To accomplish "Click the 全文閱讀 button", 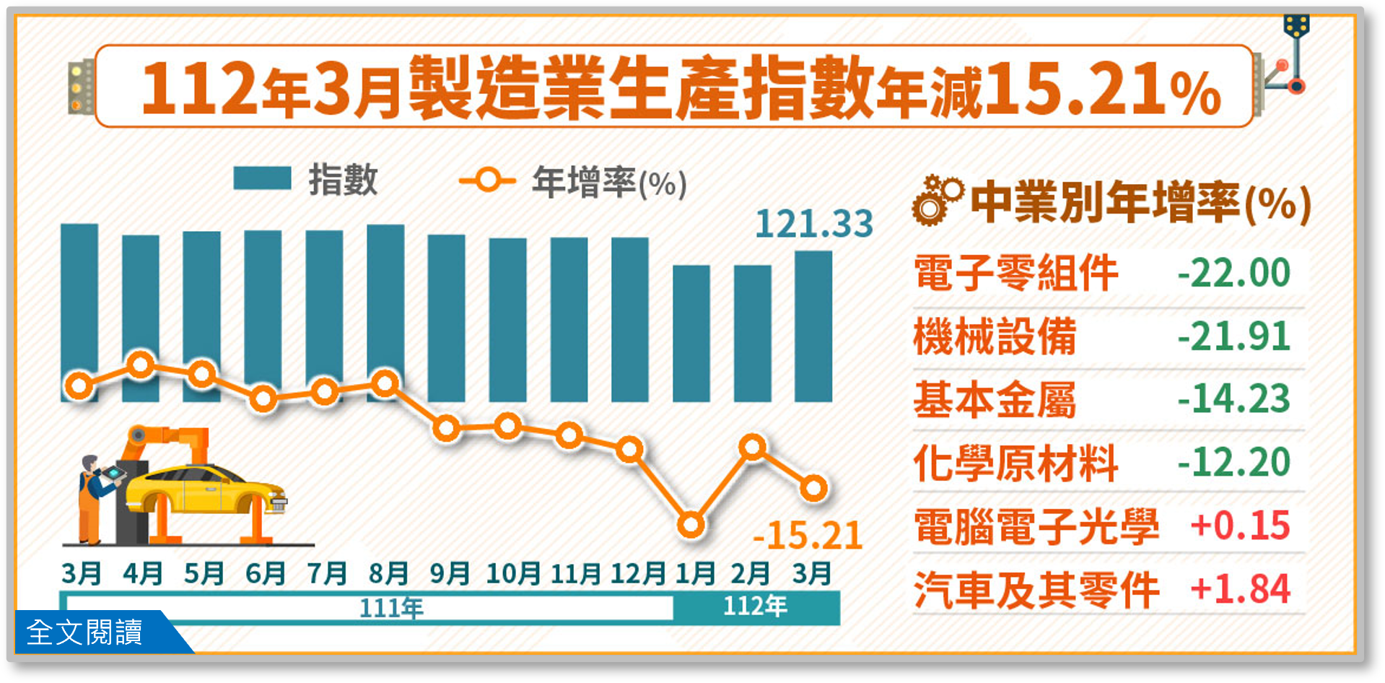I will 85,632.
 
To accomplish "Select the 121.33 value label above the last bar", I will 814,224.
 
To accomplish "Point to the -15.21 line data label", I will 808,536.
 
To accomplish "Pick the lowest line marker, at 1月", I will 691,525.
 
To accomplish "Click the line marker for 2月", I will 753,448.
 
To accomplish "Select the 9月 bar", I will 446,318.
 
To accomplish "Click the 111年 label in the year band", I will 391,608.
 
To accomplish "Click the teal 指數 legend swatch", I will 262,178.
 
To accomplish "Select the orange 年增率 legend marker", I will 488,180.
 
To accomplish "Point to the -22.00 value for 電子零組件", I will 1233,273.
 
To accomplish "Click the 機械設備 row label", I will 995,336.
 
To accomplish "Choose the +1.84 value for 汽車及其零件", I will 1240,589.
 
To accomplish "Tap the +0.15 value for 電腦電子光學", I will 1240,526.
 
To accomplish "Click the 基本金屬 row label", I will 995,400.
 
